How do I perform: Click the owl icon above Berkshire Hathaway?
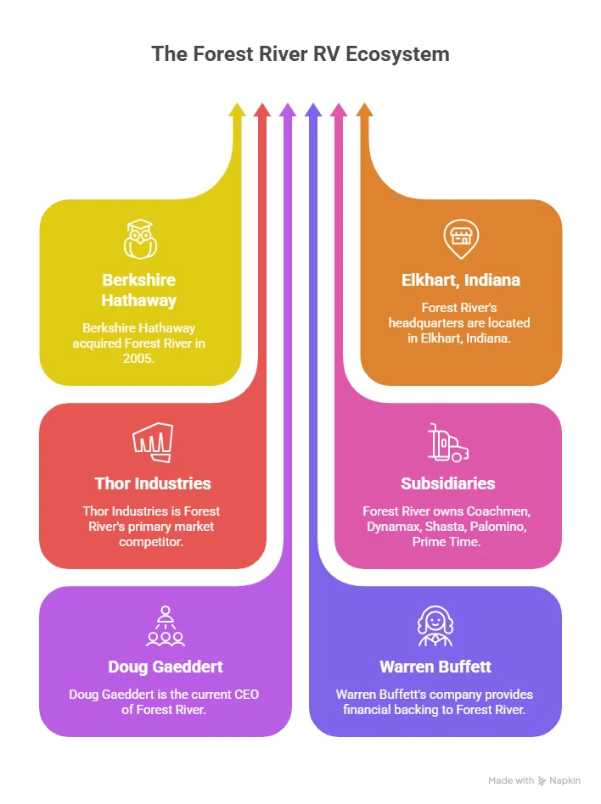[x=139, y=238]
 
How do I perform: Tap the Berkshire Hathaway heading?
[x=139, y=290]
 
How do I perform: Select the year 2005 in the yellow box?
[x=139, y=359]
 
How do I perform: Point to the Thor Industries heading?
[x=152, y=483]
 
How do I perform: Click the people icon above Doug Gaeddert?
[x=165, y=625]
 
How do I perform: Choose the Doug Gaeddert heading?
[x=165, y=667]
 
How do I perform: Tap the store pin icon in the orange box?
[x=459, y=238]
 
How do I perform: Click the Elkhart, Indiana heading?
[x=460, y=280]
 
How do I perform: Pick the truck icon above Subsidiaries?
[x=447, y=443]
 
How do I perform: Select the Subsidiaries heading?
[x=447, y=483]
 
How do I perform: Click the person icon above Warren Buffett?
[x=435, y=625]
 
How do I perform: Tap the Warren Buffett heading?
[x=435, y=667]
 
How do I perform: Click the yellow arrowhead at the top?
[x=237, y=109]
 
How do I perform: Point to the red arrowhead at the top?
[x=262, y=109]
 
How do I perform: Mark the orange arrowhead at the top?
[x=364, y=109]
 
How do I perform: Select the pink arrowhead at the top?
[x=339, y=109]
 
